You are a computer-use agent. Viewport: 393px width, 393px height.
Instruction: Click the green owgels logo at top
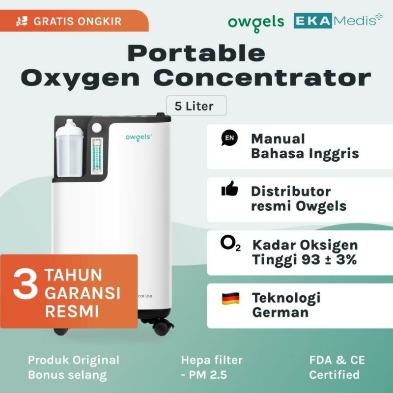(x=256, y=22)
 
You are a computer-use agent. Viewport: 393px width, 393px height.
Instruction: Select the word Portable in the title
(x=196, y=53)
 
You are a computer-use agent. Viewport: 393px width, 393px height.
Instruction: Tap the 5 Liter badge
(x=196, y=106)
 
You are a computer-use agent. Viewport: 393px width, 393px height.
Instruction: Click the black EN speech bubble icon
(x=229, y=139)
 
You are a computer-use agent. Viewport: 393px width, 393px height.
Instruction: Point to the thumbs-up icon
(x=229, y=189)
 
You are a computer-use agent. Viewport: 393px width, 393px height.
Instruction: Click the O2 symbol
(x=230, y=245)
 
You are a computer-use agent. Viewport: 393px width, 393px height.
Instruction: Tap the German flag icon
(x=230, y=298)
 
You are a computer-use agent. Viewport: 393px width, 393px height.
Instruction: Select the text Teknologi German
(x=286, y=305)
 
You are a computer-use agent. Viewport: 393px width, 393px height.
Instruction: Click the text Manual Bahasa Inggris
(x=305, y=146)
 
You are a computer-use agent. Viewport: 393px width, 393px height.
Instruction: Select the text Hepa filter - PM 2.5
(x=212, y=367)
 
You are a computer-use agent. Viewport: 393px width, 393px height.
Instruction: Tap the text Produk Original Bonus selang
(x=73, y=367)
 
